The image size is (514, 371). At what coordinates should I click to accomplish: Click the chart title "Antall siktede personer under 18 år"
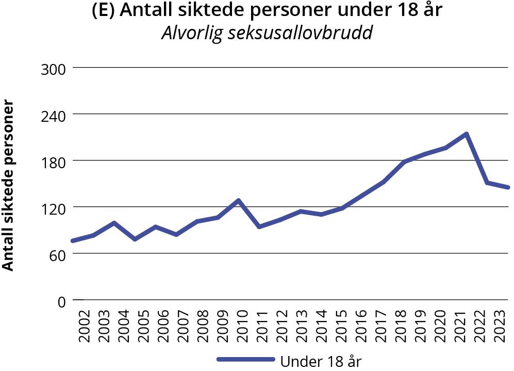tap(267, 10)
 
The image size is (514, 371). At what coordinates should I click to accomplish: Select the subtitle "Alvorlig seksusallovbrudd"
tap(267, 33)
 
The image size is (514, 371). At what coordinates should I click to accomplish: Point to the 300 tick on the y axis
tap(53, 68)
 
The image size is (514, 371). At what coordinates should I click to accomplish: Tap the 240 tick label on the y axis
tap(53, 115)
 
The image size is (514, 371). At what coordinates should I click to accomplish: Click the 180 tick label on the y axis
tap(53, 161)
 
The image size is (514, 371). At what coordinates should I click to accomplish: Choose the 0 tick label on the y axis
tap(61, 301)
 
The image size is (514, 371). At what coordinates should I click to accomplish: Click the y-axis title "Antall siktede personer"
tap(8, 185)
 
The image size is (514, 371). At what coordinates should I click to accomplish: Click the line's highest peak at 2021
tap(466, 134)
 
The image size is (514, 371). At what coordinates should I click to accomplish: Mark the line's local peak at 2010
tap(239, 200)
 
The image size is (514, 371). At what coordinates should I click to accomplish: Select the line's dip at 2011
tap(259, 227)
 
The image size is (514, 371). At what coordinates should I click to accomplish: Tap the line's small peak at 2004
tap(114, 223)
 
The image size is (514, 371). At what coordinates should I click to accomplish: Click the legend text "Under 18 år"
tap(321, 361)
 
